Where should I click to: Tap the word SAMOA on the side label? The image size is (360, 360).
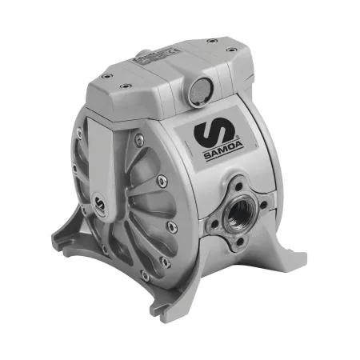[223, 153]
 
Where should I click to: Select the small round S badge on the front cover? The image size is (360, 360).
[100, 204]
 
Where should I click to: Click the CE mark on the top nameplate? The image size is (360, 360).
[170, 50]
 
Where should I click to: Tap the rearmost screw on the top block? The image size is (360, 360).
[212, 41]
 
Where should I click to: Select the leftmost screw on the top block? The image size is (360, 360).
[106, 76]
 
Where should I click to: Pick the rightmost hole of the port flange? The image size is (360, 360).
[263, 205]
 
